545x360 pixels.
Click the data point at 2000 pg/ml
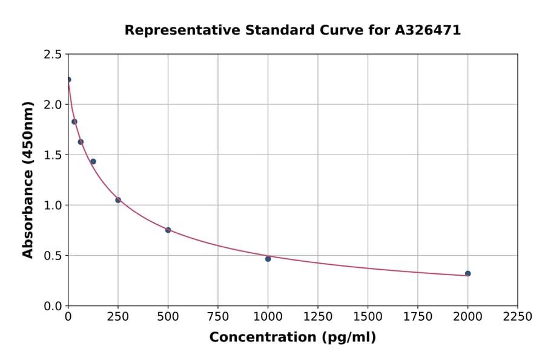(x=467, y=273)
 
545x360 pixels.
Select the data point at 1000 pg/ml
(x=268, y=259)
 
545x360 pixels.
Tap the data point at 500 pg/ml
(x=168, y=230)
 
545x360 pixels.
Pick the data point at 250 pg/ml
(x=118, y=200)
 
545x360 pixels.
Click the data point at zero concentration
(x=68, y=79)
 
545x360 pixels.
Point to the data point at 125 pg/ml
(x=93, y=161)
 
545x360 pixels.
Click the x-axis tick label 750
(x=218, y=316)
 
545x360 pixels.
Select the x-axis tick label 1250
(x=318, y=316)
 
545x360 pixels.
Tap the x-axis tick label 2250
(x=517, y=316)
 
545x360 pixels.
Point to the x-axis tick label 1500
(x=368, y=316)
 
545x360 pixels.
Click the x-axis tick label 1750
(x=418, y=316)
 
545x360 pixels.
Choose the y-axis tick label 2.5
(x=52, y=55)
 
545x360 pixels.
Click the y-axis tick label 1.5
(x=52, y=155)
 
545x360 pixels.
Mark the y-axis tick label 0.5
(x=52, y=256)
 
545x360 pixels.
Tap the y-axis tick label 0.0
(x=52, y=306)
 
